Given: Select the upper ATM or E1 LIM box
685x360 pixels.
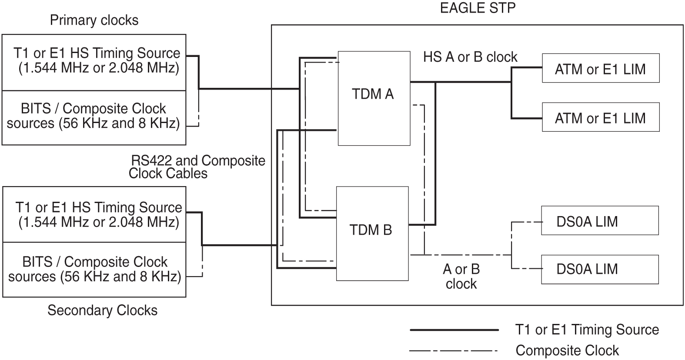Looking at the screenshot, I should (x=600, y=68).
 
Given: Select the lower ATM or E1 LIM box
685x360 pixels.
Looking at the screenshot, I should (x=600, y=117).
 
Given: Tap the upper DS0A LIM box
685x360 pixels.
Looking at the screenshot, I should (x=599, y=221).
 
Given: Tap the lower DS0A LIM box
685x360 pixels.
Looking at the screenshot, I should (x=599, y=269).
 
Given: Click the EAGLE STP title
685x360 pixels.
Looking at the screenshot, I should (x=478, y=8).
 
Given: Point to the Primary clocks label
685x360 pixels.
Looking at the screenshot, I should (x=94, y=20).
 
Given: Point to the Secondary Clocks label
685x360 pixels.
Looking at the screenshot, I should (x=102, y=310).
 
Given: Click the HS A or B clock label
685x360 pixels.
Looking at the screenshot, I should (x=470, y=57).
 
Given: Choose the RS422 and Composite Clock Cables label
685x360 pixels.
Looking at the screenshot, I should (x=197, y=167).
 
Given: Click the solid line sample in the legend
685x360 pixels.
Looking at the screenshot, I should (x=454, y=330).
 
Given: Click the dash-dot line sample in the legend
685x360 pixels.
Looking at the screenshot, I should (x=454, y=350).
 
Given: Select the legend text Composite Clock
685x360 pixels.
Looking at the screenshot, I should (x=567, y=350).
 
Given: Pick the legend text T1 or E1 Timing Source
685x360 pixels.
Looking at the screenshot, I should (x=587, y=330).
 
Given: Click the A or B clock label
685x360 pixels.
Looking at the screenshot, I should (x=461, y=277).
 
